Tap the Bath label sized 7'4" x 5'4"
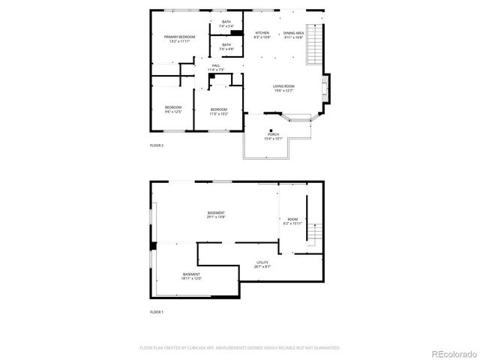click(226, 24)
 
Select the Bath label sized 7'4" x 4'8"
click(226, 47)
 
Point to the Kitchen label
click(262, 35)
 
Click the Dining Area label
click(293, 35)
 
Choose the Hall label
click(215, 67)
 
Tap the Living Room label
click(283, 88)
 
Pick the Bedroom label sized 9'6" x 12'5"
click(173, 109)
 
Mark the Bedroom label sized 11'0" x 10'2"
click(218, 112)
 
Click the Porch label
click(273, 136)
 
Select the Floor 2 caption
click(157, 145)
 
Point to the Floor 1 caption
click(157, 311)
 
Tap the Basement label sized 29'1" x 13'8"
click(216, 215)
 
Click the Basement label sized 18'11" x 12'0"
click(191, 276)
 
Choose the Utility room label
click(262, 264)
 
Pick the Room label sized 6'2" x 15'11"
click(292, 221)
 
